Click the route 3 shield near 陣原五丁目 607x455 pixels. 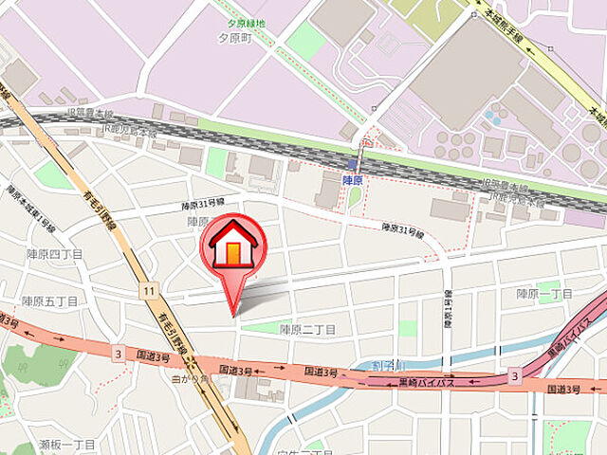(x=118, y=354)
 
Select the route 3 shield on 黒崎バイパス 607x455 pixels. (x=515, y=377)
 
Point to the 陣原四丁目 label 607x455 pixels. (x=54, y=254)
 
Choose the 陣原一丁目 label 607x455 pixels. (x=544, y=294)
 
